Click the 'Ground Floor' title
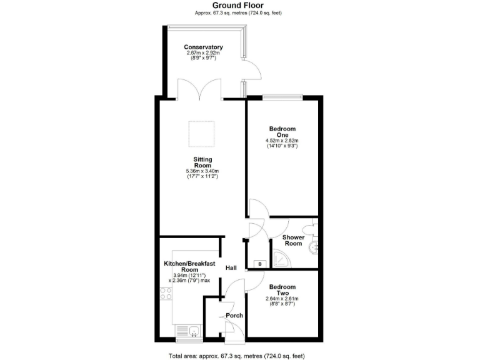point(239,5)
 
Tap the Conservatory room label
point(203,47)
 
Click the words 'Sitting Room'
point(202,162)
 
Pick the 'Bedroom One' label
point(282,132)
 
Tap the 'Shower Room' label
point(293,241)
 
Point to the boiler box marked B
point(259,264)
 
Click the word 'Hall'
point(231,267)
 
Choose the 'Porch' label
point(234,315)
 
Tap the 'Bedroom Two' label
point(282,291)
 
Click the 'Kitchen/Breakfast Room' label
point(189,266)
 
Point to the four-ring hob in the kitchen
point(166,292)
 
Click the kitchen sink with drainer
point(187,331)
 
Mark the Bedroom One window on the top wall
point(282,96)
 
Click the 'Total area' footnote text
point(237,355)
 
